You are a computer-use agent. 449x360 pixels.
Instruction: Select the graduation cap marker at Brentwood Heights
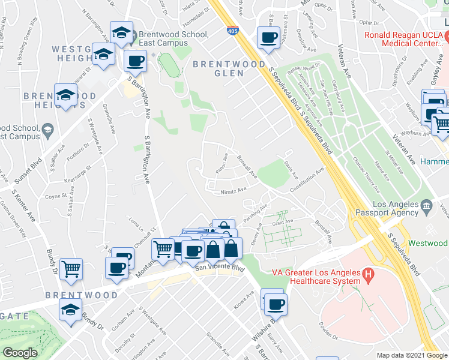point(66,95)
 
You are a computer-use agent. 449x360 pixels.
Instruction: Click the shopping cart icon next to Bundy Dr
point(71,269)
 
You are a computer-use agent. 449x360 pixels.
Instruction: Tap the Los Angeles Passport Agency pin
point(427,207)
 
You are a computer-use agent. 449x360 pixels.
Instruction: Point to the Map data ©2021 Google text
point(411,355)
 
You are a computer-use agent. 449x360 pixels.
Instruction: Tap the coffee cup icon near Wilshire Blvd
point(276,304)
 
